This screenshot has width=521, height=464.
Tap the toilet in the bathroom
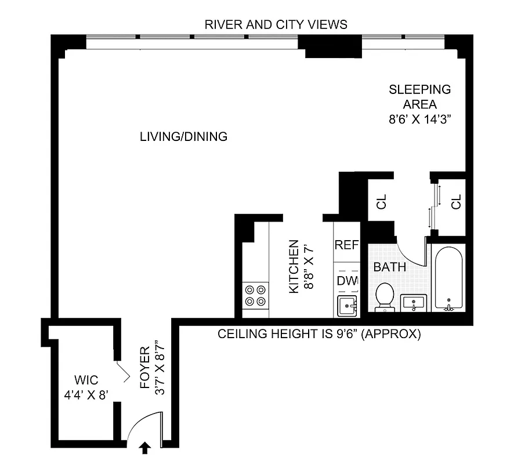click(x=384, y=296)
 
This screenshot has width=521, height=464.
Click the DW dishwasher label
click(x=347, y=281)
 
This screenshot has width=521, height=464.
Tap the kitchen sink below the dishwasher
click(x=347, y=305)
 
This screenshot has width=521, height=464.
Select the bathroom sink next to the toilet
click(x=413, y=303)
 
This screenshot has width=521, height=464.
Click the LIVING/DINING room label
click(x=183, y=137)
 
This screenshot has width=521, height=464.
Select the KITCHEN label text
click(x=294, y=266)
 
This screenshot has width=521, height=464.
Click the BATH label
click(x=389, y=268)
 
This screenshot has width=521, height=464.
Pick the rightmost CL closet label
click(x=456, y=202)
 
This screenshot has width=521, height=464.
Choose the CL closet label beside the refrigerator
click(x=381, y=202)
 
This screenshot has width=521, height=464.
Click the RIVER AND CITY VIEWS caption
click(x=276, y=24)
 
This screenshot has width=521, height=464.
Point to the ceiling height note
click(x=319, y=335)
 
